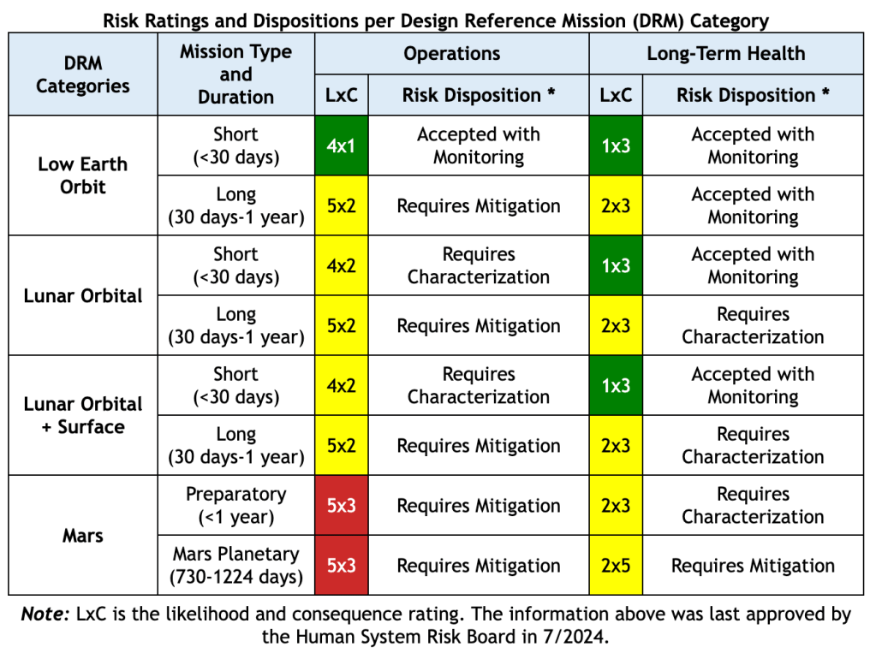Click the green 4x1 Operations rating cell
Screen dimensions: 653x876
[x=341, y=145]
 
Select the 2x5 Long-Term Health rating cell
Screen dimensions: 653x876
[x=615, y=566]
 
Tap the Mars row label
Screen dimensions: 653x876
[x=83, y=536]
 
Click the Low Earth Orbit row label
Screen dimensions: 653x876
[x=83, y=175]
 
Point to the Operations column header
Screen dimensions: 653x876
[x=451, y=53]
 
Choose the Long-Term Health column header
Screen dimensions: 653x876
[x=725, y=53]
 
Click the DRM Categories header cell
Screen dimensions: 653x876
[x=83, y=74]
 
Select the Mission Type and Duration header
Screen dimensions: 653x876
[x=235, y=74]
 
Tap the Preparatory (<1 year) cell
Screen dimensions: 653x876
[x=235, y=506]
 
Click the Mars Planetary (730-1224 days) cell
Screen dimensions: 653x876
[x=235, y=566]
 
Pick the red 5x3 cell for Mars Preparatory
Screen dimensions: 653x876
[x=341, y=506]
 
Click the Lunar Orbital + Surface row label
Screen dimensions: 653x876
[x=83, y=415]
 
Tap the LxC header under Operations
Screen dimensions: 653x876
[x=341, y=95]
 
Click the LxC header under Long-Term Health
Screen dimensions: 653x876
[x=615, y=95]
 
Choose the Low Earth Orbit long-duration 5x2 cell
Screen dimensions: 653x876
[x=341, y=205]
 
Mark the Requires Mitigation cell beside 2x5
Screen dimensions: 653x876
[x=753, y=566]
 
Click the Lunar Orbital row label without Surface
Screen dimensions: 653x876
[x=83, y=295]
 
